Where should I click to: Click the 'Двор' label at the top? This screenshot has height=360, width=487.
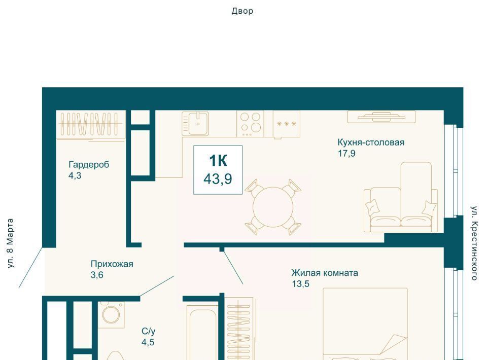(x=242, y=11)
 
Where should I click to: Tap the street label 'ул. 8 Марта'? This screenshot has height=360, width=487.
(x=11, y=243)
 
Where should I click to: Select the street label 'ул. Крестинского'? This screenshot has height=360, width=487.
(x=474, y=243)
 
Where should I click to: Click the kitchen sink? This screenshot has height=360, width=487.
(x=195, y=124)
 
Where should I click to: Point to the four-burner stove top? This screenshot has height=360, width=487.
(x=250, y=124)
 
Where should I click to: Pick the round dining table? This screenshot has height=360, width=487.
(x=273, y=207)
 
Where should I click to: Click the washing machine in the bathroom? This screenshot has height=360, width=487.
(x=111, y=314)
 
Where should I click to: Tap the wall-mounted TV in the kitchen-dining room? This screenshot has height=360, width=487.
(x=381, y=117)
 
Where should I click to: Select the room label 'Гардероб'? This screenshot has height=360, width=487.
(x=89, y=164)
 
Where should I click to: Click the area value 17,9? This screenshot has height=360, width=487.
(x=346, y=153)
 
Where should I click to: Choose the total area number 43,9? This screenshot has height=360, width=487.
(x=218, y=179)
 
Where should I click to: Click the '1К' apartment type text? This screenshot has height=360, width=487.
(x=218, y=161)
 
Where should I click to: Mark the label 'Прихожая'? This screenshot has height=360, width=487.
(x=112, y=264)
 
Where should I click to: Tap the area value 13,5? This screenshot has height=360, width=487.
(x=301, y=284)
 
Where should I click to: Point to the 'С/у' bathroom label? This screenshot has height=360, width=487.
(x=149, y=332)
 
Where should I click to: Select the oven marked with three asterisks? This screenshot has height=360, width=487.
(x=286, y=124)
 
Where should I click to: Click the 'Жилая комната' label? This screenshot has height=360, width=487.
(x=325, y=273)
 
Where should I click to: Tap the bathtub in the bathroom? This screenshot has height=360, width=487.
(x=202, y=333)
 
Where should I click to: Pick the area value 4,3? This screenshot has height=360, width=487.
(x=75, y=175)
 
